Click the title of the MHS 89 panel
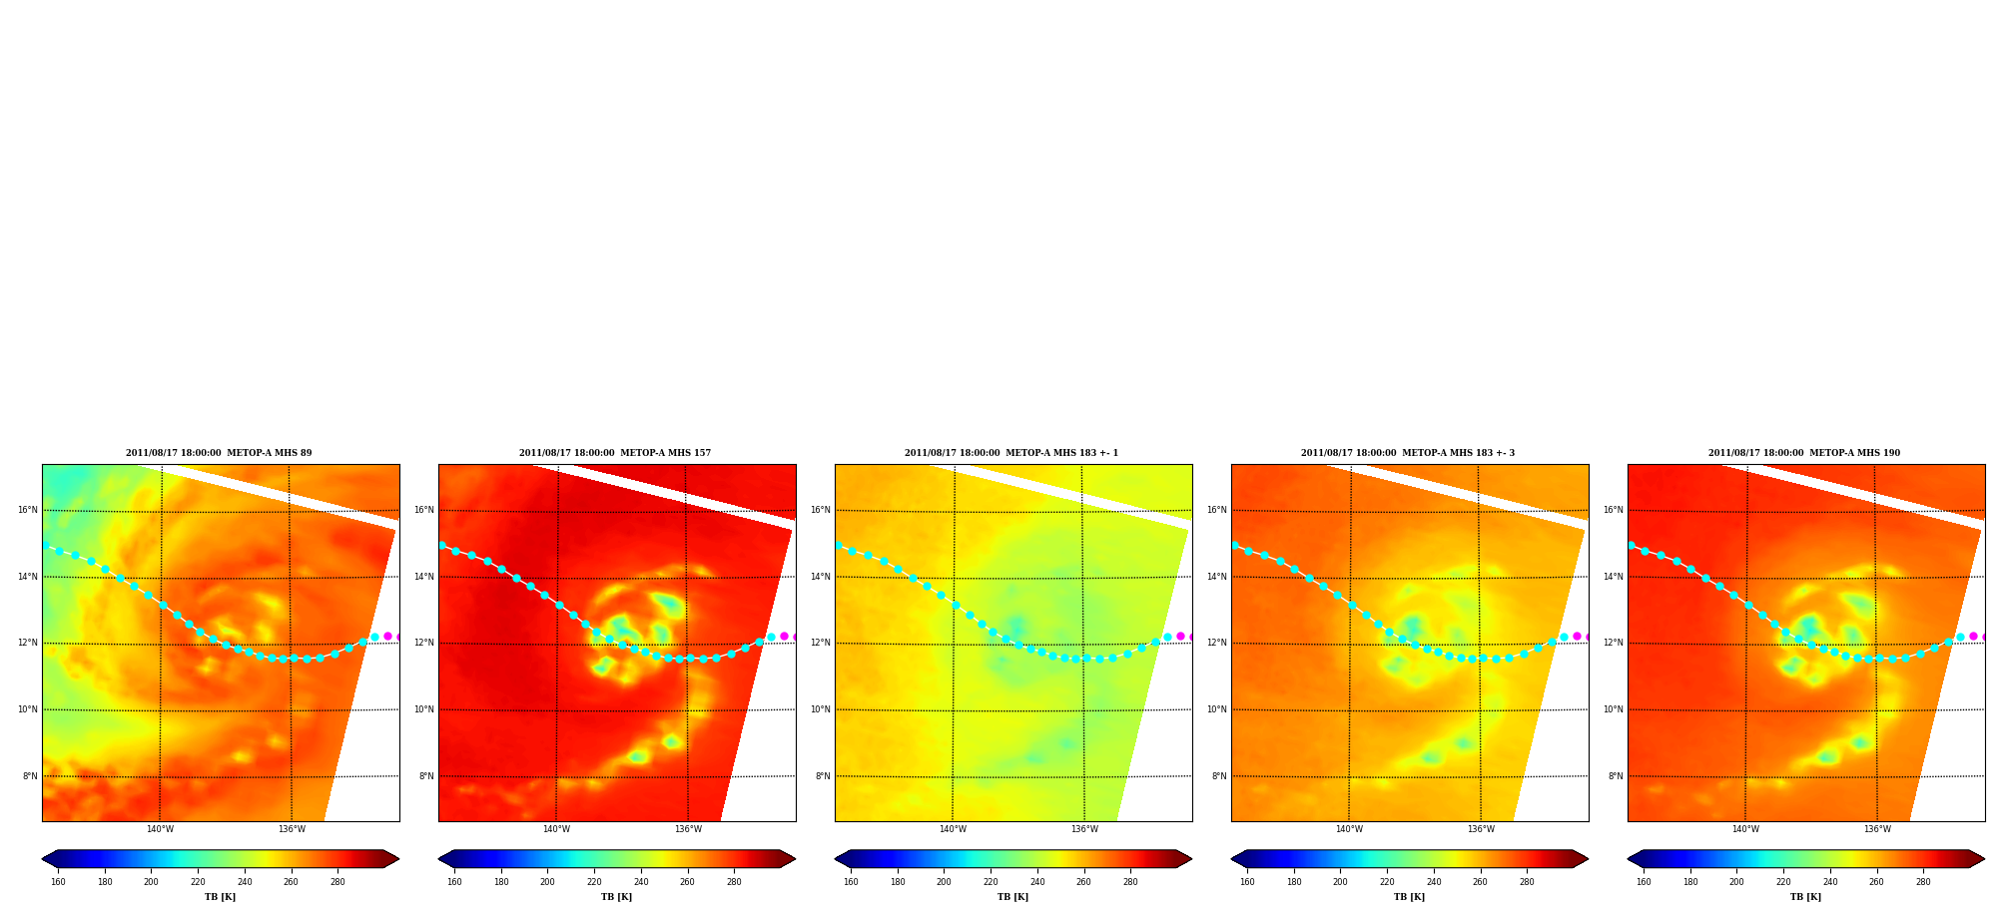coord(219,453)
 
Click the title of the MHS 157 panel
coord(615,453)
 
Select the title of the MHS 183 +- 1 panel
coord(1011,453)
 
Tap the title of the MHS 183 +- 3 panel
coord(1408,453)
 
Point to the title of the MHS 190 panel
coord(1804,453)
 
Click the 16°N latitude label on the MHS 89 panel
coord(27,510)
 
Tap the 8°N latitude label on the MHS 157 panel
coord(426,776)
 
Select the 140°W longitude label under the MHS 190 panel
coord(1745,829)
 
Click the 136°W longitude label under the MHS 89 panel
coord(292,829)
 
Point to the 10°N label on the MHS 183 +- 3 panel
coord(1216,709)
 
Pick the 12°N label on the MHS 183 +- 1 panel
coord(820,643)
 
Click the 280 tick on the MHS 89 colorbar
coord(337,882)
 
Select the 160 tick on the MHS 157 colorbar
coord(454,882)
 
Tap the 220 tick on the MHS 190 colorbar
coord(1783,882)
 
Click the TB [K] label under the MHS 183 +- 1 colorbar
coord(1012,897)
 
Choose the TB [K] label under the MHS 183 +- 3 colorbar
coord(1409,897)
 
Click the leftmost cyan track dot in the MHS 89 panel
coord(46,546)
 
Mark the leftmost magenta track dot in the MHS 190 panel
coord(1973,636)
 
